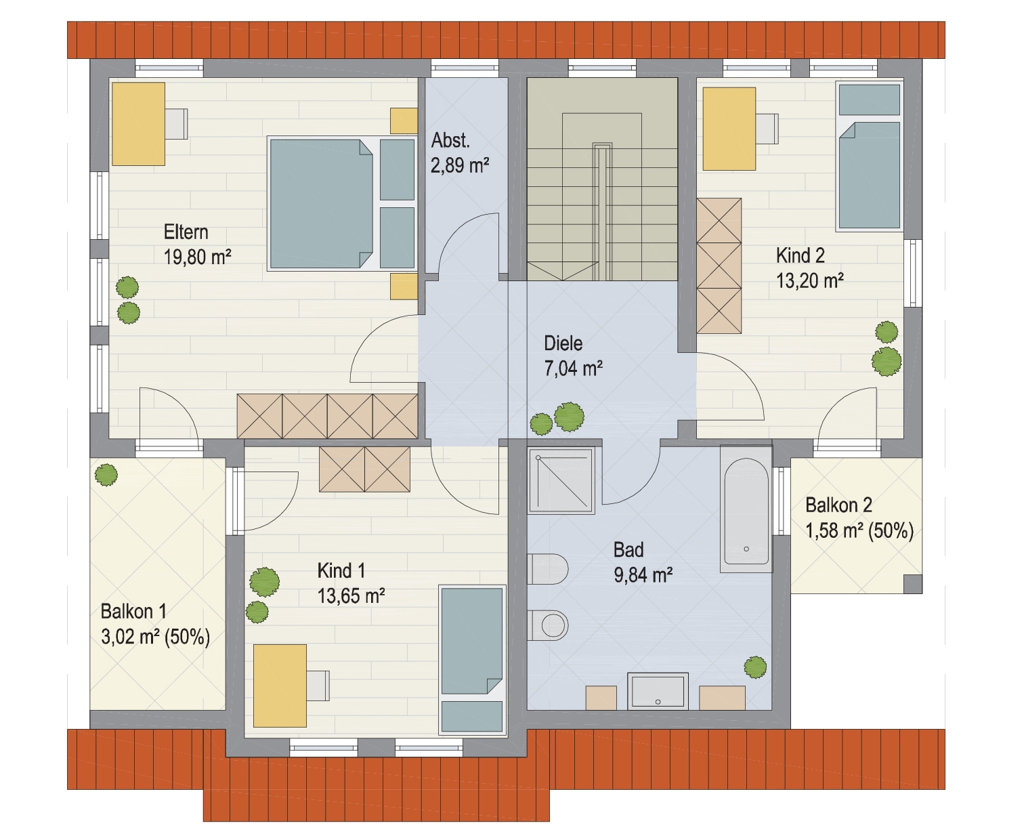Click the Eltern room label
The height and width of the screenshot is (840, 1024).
[x=186, y=232]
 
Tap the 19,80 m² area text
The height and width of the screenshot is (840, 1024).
[x=197, y=256]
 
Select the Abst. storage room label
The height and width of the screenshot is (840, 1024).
[x=450, y=141]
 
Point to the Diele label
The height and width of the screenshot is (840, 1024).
[x=563, y=343]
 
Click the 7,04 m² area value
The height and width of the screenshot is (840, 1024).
[x=574, y=369]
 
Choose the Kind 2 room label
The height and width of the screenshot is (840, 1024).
[x=800, y=255]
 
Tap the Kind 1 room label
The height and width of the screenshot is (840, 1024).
[x=341, y=570]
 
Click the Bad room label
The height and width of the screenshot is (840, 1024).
[x=628, y=549]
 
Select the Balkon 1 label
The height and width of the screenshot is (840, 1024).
[x=133, y=611]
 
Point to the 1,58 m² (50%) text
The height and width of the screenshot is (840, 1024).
[x=859, y=530]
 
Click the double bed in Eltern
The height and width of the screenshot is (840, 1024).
[x=322, y=204]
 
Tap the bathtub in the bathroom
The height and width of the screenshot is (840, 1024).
[x=746, y=509]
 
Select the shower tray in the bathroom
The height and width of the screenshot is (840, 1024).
[x=561, y=481]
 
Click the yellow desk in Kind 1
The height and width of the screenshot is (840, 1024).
[x=280, y=686]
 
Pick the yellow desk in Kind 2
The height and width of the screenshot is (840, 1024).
[x=729, y=129]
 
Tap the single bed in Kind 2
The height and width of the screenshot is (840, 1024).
[x=870, y=155]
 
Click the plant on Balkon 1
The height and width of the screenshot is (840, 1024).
[x=106, y=474]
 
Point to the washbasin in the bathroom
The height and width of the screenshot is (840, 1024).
[x=658, y=691]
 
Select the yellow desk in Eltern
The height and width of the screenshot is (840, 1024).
[x=138, y=124]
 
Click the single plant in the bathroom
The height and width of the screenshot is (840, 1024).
[x=755, y=667]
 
